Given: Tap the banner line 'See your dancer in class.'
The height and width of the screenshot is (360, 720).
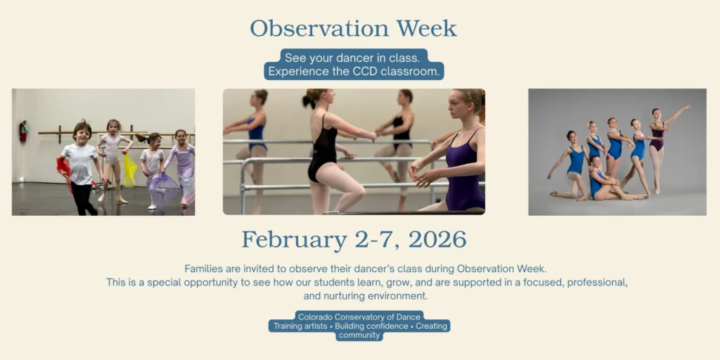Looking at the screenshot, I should pyautogui.click(x=352, y=58).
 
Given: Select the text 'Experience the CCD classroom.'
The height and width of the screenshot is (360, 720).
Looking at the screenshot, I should pyautogui.click(x=354, y=72).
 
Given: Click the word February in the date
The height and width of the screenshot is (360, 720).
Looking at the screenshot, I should pyautogui.click(x=293, y=240).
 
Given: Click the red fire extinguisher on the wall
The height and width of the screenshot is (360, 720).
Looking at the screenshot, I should pyautogui.click(x=23, y=131).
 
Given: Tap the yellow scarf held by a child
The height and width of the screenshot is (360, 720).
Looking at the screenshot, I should pyautogui.click(x=129, y=169).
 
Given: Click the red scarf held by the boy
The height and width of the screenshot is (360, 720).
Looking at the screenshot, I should pyautogui.click(x=63, y=167).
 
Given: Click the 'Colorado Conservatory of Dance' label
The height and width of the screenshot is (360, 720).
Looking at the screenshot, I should pyautogui.click(x=359, y=317).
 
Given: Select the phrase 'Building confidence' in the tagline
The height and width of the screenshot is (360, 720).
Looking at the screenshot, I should pyautogui.click(x=372, y=326).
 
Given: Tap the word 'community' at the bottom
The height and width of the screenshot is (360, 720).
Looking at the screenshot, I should pyautogui.click(x=359, y=336).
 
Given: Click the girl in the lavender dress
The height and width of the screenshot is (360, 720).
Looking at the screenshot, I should pyautogui.click(x=183, y=165).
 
